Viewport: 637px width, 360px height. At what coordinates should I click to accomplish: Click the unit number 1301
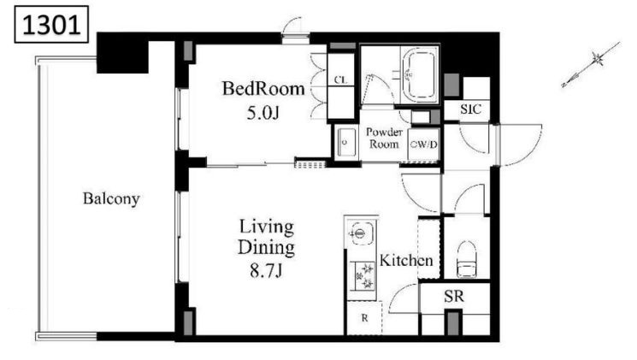point(51,25)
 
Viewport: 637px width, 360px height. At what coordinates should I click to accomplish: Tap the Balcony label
point(111,198)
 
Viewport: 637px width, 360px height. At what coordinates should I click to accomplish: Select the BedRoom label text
point(263,89)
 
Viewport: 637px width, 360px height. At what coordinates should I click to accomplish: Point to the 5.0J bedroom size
point(262,114)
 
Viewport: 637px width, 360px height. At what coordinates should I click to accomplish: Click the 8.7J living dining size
point(266,270)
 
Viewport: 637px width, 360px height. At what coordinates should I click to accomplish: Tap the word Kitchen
point(406,261)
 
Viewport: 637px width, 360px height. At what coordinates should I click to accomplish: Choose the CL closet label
point(341,80)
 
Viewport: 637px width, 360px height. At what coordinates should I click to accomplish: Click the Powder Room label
point(384,138)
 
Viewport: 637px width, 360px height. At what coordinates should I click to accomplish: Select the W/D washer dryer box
point(423,145)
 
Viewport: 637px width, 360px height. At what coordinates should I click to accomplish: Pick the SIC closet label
point(471,109)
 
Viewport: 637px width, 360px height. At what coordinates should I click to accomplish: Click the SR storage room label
point(454,297)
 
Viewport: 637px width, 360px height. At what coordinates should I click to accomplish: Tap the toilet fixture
point(466,259)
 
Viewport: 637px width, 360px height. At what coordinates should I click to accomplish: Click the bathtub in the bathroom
point(420,74)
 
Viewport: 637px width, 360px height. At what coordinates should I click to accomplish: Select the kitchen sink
point(359,233)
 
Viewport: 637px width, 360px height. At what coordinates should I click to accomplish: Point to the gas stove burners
point(363,276)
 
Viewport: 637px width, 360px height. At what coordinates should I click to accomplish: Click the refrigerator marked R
point(364,318)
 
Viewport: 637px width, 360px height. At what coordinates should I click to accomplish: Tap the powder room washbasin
point(345,143)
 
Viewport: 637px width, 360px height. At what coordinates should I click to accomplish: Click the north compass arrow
point(591,64)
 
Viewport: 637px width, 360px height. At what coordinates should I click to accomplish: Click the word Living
point(266,227)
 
